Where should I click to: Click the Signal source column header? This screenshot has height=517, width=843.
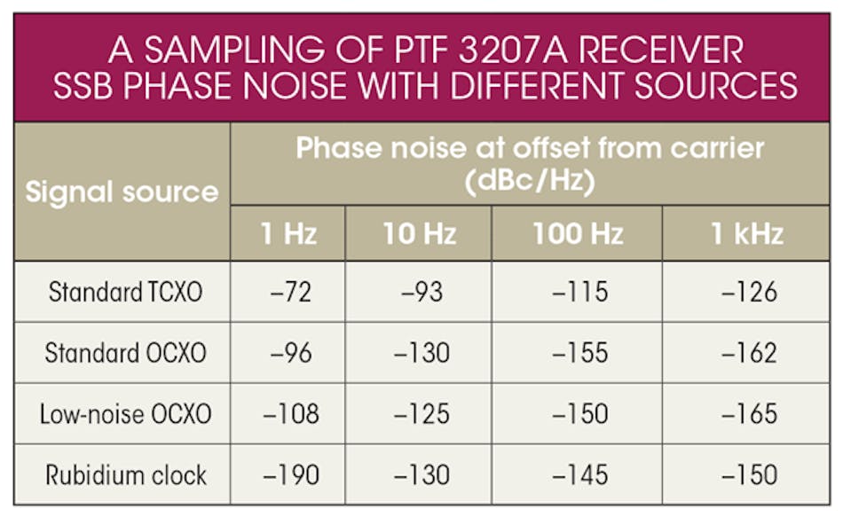coord(122,192)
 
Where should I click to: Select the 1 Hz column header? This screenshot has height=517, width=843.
coord(288,233)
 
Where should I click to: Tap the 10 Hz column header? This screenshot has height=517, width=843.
coord(419,233)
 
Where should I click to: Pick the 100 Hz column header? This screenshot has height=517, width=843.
coord(578,233)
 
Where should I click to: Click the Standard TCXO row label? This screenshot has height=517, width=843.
coord(125,292)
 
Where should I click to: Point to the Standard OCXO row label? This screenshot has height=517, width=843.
coord(125,353)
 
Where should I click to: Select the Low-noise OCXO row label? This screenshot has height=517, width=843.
coord(125,414)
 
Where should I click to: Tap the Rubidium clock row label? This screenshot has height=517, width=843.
coord(125,474)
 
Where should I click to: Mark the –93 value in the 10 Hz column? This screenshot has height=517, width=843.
coord(419,292)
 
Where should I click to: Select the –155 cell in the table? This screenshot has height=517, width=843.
coord(578,353)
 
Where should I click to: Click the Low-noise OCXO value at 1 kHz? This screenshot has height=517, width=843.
coord(751,414)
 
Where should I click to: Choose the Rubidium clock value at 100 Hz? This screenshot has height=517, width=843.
coord(578,474)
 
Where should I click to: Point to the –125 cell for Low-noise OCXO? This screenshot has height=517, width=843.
coord(419,414)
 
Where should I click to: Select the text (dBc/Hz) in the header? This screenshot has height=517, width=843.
coord(530,183)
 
